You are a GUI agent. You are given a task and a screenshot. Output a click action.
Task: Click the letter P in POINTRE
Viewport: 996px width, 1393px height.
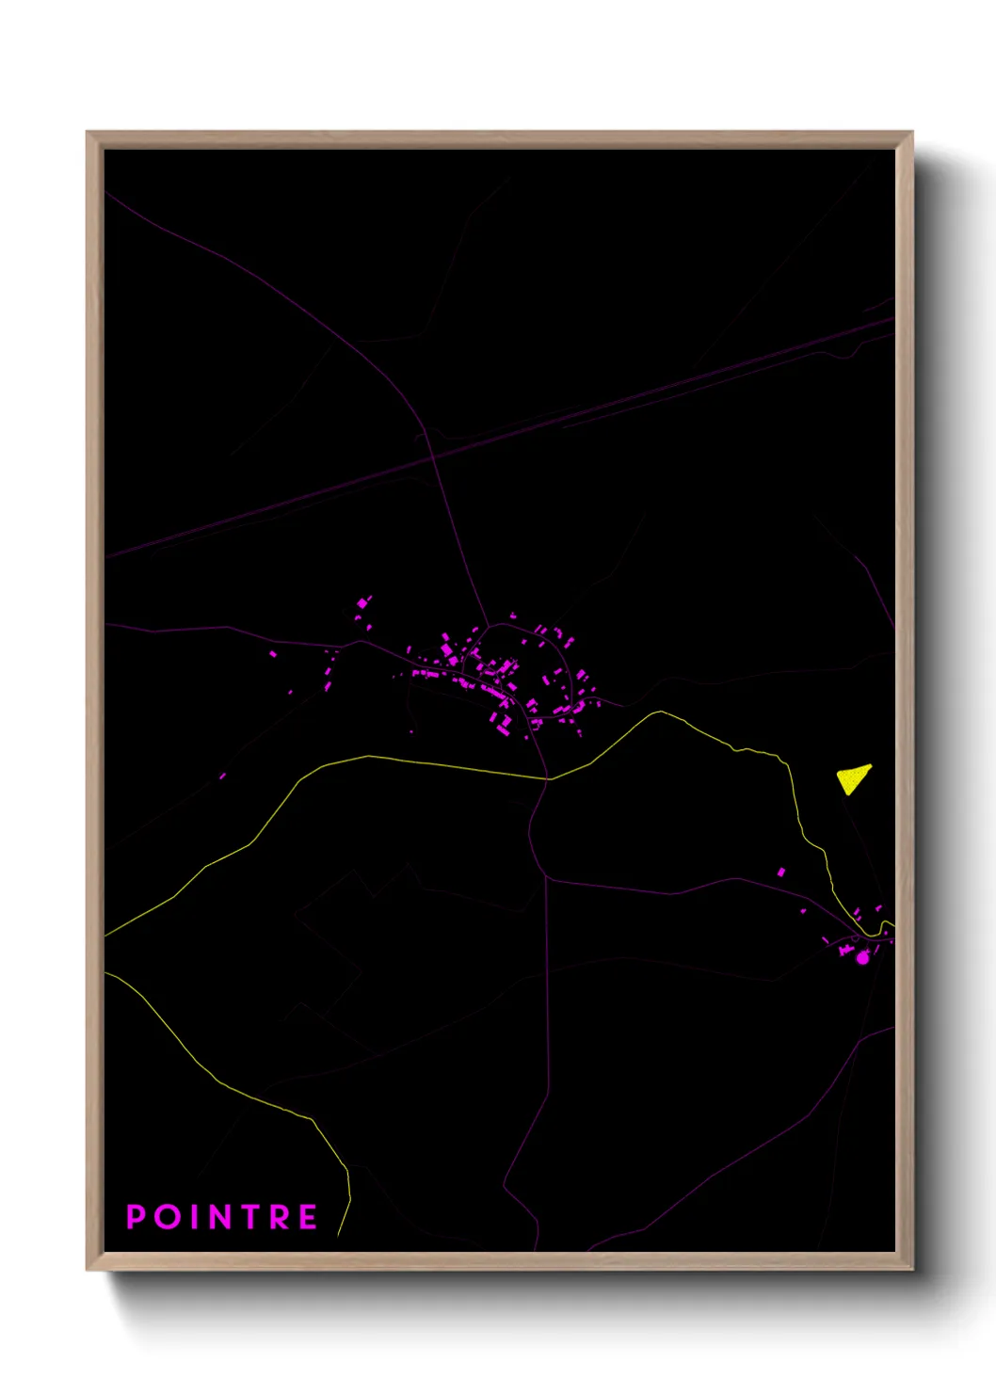coord(136,1217)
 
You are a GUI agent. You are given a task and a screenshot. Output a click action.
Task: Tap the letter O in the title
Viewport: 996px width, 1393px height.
coord(168,1217)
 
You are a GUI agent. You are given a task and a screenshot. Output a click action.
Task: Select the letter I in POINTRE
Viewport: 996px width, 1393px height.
coord(193,1217)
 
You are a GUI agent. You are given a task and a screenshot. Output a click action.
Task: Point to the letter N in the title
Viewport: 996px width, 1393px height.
coord(220,1217)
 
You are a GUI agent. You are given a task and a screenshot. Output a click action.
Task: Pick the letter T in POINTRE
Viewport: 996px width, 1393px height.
coord(252,1217)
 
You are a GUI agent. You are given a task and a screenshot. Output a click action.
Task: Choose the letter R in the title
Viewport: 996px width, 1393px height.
coord(281,1217)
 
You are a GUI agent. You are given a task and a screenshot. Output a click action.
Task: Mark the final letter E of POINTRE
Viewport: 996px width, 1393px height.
coord(308,1217)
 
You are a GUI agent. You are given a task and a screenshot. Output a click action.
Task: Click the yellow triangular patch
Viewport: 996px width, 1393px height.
coord(853,778)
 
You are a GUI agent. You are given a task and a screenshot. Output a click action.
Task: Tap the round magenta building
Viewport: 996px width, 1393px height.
coord(862,958)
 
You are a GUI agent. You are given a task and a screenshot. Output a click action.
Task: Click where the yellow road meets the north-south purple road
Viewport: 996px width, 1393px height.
coord(548,779)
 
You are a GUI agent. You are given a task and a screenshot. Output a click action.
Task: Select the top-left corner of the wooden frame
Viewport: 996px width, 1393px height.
coord(88,133)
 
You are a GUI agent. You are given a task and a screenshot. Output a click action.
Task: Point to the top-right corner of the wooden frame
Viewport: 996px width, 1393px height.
coord(911,133)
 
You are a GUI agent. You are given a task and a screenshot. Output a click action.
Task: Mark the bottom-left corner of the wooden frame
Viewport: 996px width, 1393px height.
coord(88,1269)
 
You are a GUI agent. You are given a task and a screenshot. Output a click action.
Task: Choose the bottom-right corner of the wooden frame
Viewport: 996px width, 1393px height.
coord(911,1269)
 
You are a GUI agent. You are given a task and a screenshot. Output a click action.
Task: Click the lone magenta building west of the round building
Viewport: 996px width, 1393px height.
coord(780,873)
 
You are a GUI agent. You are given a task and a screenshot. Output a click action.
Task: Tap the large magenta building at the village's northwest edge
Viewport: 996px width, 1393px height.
coord(362,603)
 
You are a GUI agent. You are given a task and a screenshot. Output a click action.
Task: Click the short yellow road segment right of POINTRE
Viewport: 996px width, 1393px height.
coord(345,1214)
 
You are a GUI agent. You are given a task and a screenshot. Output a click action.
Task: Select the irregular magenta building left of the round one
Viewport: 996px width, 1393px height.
coord(845,951)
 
